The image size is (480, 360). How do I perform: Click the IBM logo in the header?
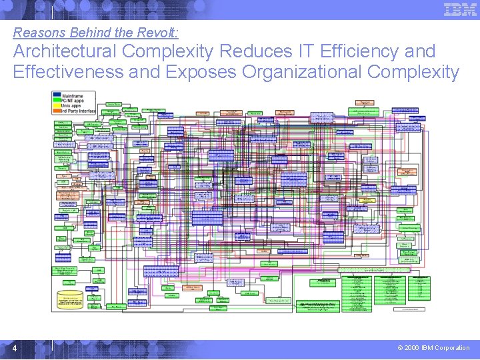click(460, 9)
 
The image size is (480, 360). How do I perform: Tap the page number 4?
click(15, 349)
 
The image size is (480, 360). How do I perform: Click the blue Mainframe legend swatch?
click(57, 95)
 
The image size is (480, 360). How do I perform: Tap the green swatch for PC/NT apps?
click(57, 100)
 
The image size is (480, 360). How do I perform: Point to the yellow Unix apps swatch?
click(57, 105)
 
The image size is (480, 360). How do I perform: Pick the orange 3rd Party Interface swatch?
click(57, 111)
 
